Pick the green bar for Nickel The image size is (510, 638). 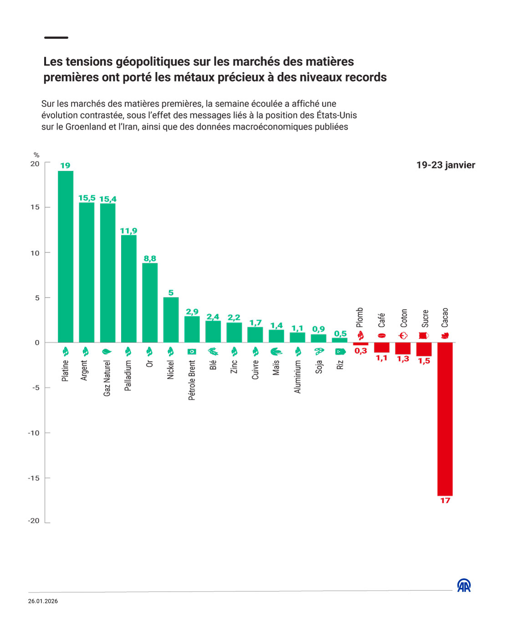(171, 319)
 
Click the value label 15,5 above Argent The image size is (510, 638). (87, 198)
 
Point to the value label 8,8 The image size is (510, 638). (150, 258)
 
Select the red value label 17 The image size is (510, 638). (445, 500)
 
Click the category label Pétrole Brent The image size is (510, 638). (192, 380)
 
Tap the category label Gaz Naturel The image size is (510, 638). (107, 378)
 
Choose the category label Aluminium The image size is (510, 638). (297, 376)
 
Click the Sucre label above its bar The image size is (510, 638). (425, 318)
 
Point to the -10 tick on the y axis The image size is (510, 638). (34, 433)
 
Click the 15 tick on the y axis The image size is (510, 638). (35, 207)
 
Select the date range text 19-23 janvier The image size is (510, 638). (445, 165)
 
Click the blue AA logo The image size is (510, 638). (464, 586)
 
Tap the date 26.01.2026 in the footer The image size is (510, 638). (43, 601)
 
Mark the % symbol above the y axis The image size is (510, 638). (36, 155)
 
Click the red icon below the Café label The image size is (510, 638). (382, 336)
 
